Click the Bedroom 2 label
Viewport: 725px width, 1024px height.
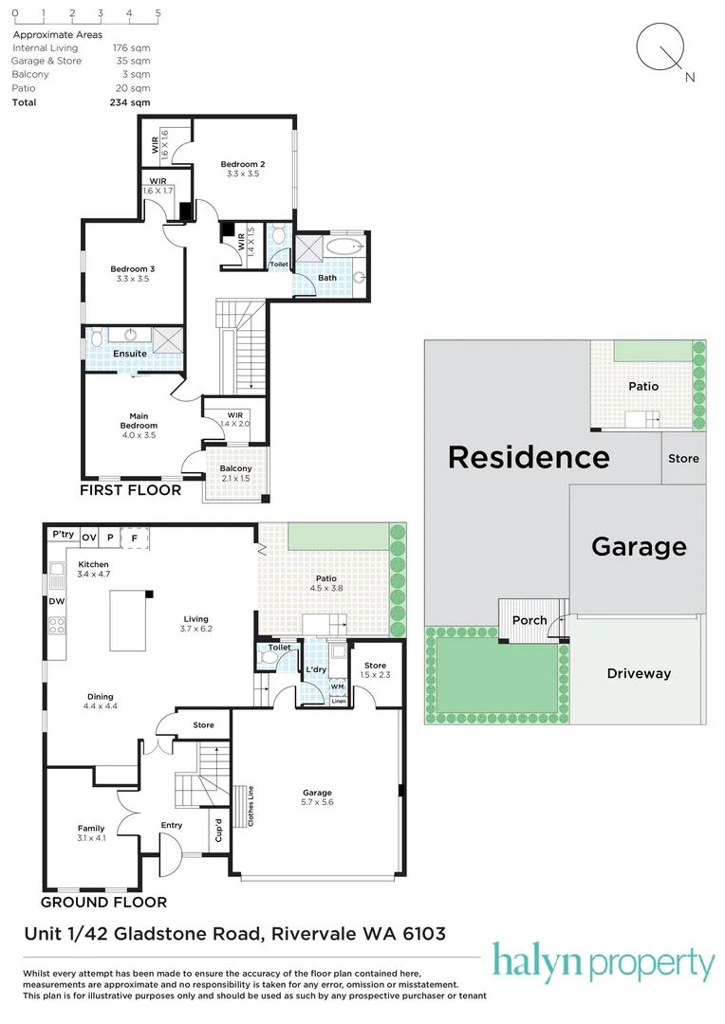[243, 165]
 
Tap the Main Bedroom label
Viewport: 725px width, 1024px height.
[139, 421]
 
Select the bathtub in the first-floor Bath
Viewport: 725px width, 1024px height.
[344, 247]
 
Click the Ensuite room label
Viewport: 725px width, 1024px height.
[129, 354]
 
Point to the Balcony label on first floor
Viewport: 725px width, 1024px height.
[235, 468]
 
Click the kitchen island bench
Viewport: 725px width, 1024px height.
[127, 620]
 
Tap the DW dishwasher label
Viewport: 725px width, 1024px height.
[56, 601]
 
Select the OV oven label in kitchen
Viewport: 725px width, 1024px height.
[89, 538]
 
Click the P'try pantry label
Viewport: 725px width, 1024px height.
[64, 534]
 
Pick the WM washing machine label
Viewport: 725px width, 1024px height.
[337, 686]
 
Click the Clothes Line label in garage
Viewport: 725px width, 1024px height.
[251, 806]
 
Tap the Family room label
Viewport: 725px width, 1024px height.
[91, 828]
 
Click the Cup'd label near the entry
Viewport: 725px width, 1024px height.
[219, 830]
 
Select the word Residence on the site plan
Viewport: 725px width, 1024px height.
[529, 457]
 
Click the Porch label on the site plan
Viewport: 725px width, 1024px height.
[530, 620]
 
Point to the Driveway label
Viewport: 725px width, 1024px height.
[639, 673]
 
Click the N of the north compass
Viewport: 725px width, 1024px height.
[690, 77]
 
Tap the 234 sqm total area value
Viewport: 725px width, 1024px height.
[129, 102]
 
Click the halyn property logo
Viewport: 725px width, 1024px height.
[603, 962]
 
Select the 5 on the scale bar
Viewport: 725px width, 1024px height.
[158, 13]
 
